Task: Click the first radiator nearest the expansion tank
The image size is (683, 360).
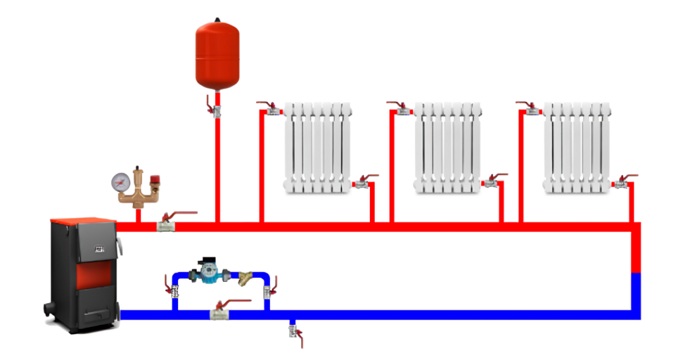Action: pos(318,148)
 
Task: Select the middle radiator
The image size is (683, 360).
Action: pos(447,148)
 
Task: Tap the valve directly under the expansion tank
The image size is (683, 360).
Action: pos(216,107)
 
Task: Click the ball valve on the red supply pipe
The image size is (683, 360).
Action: pos(166,226)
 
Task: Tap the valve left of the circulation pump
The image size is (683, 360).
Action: pos(174,290)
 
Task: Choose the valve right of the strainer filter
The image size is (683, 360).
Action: pos(269,290)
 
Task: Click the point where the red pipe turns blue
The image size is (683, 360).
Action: pos(636,273)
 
